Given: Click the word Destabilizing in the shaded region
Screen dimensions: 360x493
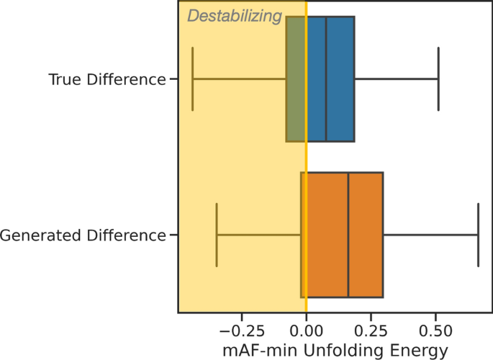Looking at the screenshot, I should pyautogui.click(x=234, y=16).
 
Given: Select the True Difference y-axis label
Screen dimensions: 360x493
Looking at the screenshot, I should pyautogui.click(x=107, y=79).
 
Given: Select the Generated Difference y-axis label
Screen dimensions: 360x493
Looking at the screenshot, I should pyautogui.click(x=83, y=235).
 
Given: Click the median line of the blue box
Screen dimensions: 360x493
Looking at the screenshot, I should pyautogui.click(x=326, y=79).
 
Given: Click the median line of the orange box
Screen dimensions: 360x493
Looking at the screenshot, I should pyautogui.click(x=348, y=235).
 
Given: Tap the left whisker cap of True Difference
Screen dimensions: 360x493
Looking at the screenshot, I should pyautogui.click(x=193, y=79).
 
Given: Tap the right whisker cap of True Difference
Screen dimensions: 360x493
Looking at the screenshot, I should pyautogui.click(x=438, y=79).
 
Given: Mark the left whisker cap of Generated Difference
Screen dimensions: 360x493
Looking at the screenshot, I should pyautogui.click(x=217, y=235).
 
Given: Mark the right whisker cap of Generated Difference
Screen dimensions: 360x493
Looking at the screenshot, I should pyautogui.click(x=478, y=235).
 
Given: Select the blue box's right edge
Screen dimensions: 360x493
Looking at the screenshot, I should pyautogui.click(x=354, y=79).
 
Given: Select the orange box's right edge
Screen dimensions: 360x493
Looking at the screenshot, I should pyautogui.click(x=382, y=235).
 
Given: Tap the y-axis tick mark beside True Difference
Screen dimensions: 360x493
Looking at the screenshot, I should pyautogui.click(x=174, y=79).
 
